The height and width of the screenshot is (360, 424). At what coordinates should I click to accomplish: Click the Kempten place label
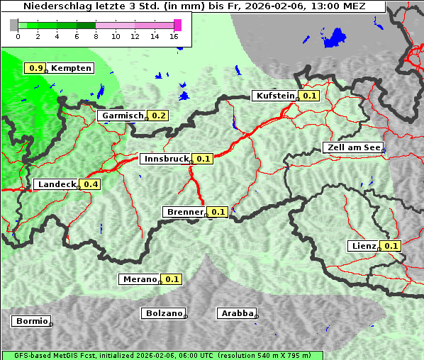71,68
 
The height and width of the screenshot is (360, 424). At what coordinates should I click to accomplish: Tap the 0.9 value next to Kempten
35,68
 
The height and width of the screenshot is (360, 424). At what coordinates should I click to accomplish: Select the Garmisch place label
122,116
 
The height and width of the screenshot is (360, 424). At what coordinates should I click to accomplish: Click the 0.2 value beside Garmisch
158,116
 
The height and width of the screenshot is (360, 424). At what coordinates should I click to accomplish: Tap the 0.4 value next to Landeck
91,184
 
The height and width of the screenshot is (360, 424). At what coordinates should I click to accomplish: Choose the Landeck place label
56,184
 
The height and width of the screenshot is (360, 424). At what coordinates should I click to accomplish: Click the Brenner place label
184,212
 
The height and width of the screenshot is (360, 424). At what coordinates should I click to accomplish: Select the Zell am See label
352,147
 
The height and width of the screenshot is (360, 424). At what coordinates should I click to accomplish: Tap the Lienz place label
363,246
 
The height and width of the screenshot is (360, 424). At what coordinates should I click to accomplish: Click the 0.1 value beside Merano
172,279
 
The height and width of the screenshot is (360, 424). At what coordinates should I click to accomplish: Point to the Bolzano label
163,313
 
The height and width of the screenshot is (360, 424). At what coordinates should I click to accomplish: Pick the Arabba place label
236,313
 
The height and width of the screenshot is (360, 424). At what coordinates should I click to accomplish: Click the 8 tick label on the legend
96,36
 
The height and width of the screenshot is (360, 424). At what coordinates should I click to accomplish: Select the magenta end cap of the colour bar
177,25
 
